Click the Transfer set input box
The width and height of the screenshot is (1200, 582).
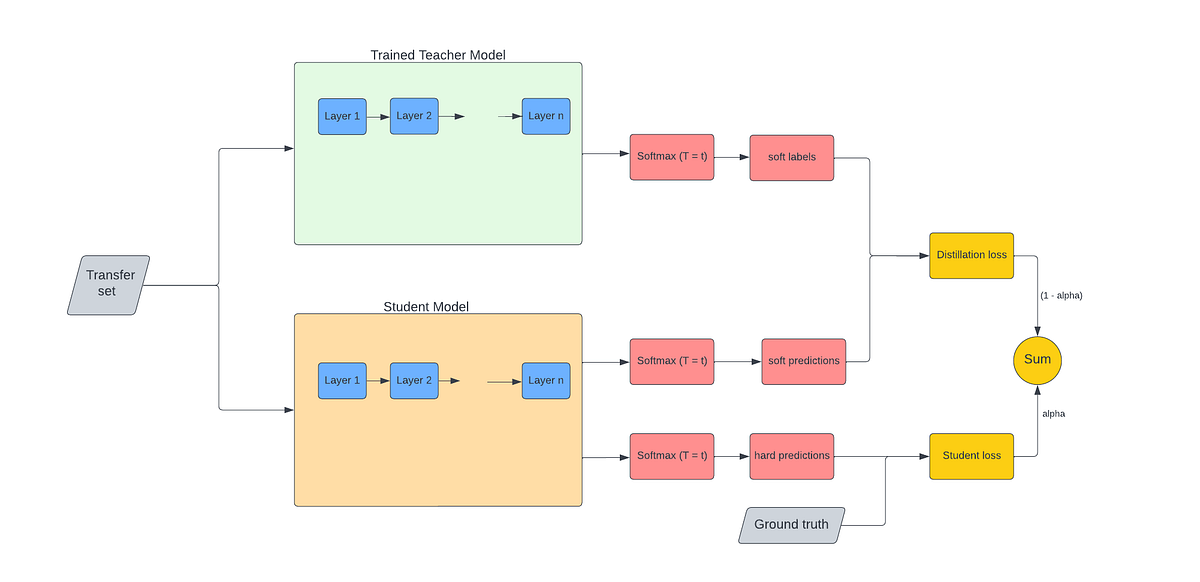(x=109, y=285)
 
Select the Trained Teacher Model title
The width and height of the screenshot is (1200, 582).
(x=438, y=54)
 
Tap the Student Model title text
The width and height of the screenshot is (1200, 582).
(x=426, y=306)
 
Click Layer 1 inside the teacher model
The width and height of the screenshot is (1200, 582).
(x=342, y=116)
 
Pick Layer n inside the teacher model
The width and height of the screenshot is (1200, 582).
(x=546, y=116)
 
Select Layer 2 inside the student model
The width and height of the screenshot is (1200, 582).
(x=414, y=380)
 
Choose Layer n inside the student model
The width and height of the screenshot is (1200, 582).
(x=546, y=380)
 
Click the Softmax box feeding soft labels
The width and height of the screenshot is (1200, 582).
(x=672, y=157)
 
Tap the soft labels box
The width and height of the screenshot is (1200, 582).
(x=791, y=157)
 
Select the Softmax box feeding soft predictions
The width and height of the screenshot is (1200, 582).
(x=672, y=361)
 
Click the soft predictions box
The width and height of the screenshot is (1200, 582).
(x=803, y=361)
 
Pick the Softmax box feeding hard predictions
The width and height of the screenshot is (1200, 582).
(x=672, y=456)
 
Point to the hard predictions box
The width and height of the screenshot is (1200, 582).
(x=791, y=456)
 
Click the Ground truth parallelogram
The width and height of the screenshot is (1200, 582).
(x=790, y=525)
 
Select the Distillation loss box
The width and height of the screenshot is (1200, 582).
(x=971, y=255)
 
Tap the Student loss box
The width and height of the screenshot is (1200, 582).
(x=971, y=456)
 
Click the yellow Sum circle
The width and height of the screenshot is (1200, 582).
(x=1036, y=359)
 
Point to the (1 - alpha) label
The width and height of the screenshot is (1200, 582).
(x=1061, y=296)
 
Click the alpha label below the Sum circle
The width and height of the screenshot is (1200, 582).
(x=1053, y=413)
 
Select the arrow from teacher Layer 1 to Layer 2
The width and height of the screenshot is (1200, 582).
(x=378, y=117)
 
